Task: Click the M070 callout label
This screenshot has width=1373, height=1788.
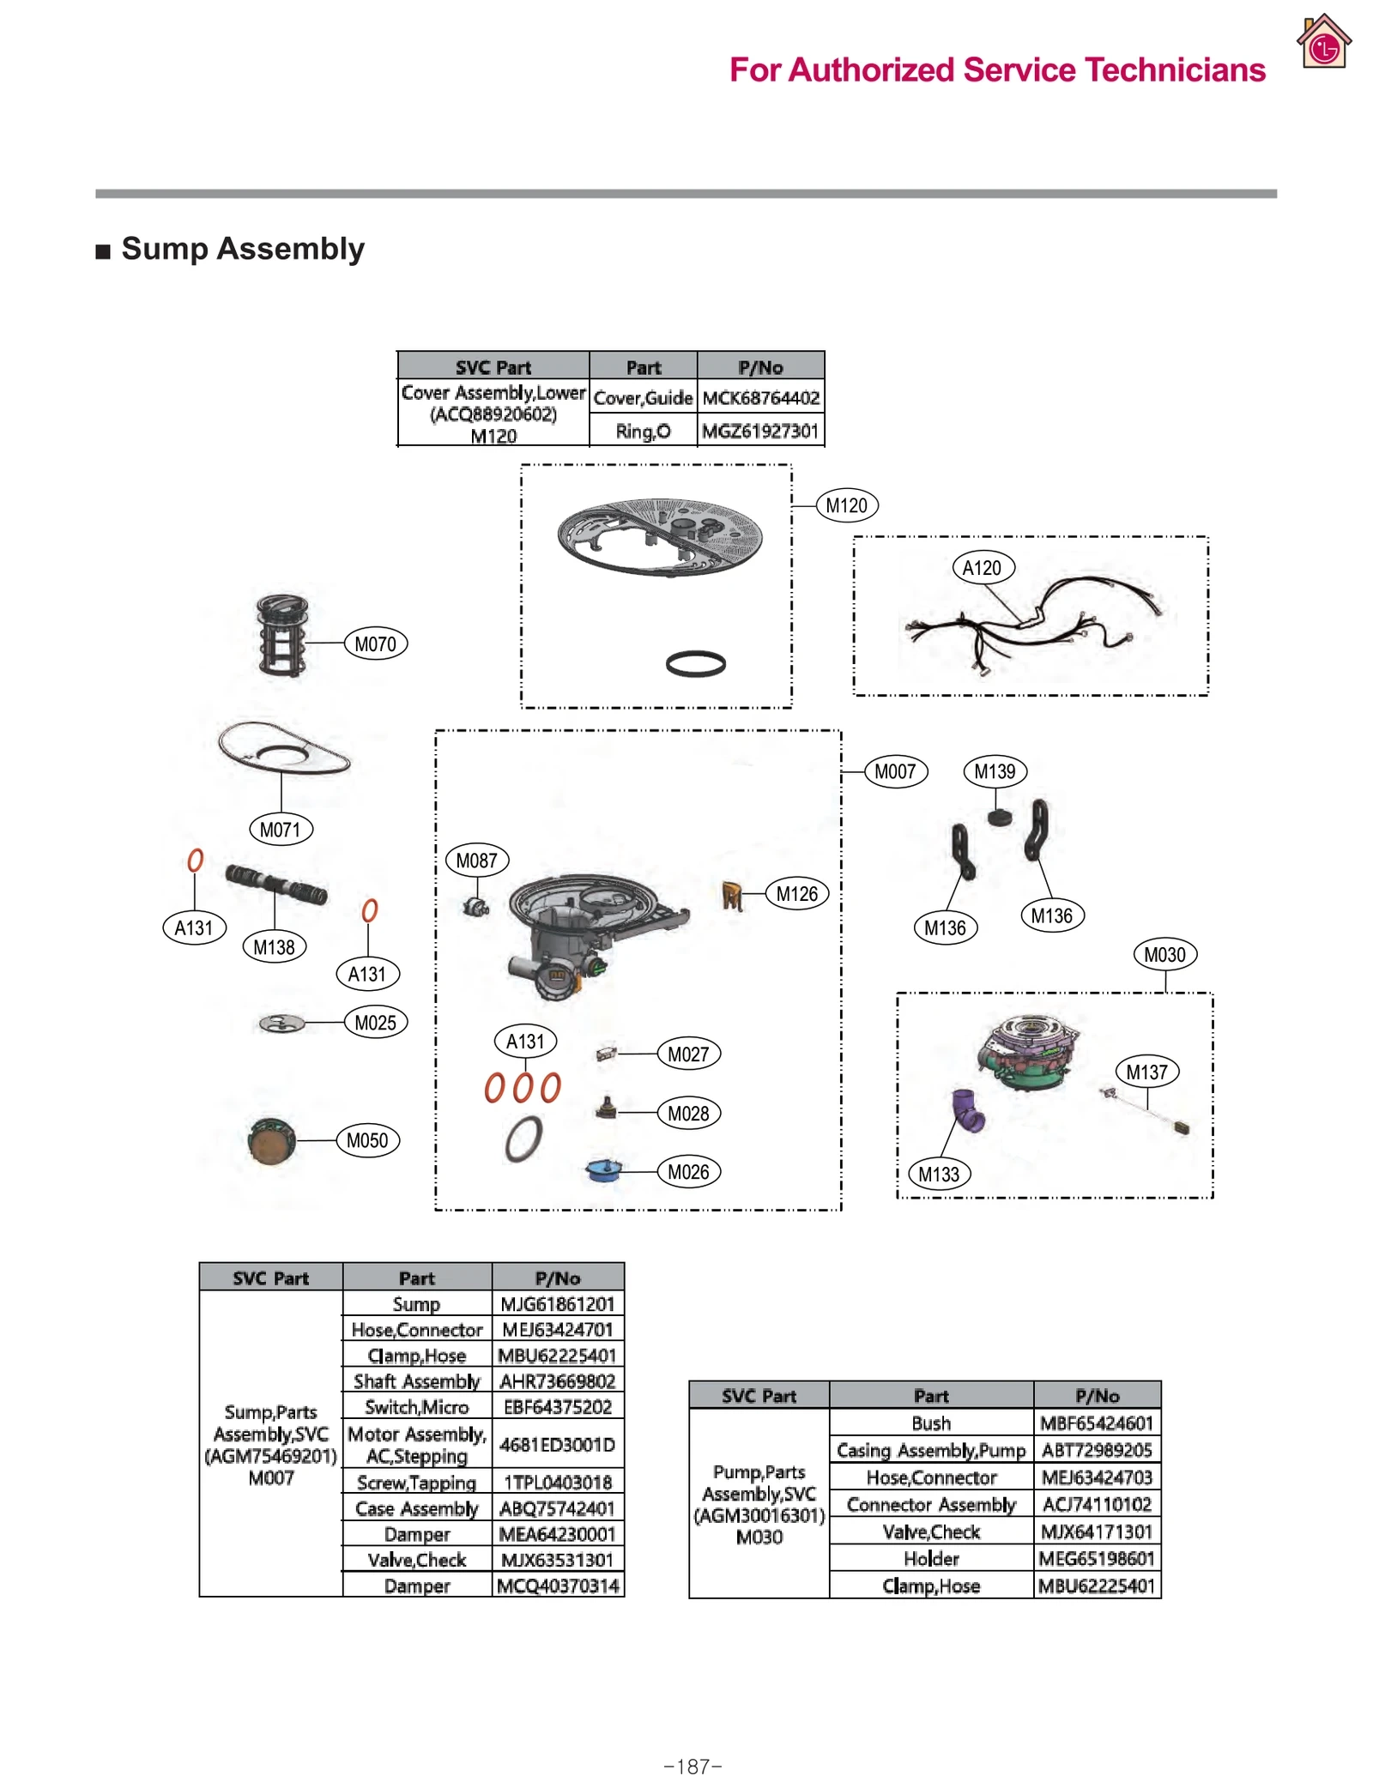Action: coord(375,643)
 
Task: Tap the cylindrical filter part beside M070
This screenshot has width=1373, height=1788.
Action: coord(282,635)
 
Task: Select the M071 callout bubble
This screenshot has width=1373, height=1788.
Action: coord(280,829)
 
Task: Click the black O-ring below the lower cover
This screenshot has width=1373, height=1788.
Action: coord(695,663)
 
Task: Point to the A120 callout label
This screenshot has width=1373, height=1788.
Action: coord(983,567)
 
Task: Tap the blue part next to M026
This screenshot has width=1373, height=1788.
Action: coord(603,1170)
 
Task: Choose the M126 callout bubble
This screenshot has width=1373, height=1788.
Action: coord(796,893)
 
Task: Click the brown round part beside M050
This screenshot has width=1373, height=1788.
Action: coord(271,1140)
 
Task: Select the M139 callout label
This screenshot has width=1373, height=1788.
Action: coord(995,770)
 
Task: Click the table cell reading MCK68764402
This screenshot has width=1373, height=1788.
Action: coord(760,398)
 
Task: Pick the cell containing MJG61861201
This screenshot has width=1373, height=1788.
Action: coord(558,1304)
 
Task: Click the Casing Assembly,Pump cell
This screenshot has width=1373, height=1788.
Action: coord(930,1450)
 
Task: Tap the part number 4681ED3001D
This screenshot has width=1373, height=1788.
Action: coord(558,1445)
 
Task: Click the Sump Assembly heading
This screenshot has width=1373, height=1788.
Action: coord(243,249)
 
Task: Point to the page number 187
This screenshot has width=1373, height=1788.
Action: coord(693,1767)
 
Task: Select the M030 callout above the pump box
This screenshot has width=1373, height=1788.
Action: coord(1164,954)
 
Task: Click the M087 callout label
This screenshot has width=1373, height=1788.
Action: coord(476,860)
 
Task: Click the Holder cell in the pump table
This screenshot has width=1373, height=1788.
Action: coord(930,1558)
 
